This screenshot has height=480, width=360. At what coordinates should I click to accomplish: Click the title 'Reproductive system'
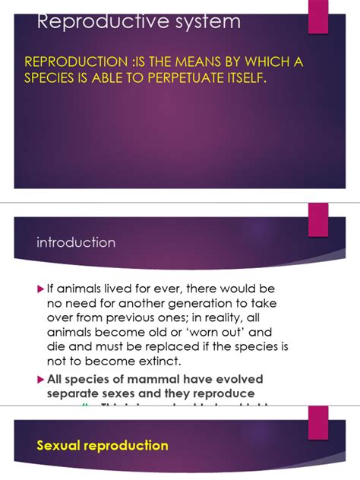[139, 22]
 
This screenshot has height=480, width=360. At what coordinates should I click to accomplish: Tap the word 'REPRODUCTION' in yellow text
[69, 62]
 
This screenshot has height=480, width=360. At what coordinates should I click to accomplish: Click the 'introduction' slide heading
[76, 242]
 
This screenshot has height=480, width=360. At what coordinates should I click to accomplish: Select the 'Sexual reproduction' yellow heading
[102, 445]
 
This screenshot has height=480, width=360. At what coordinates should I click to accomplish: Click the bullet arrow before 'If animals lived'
[42, 289]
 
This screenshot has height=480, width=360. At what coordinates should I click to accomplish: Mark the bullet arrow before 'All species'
[42, 379]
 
